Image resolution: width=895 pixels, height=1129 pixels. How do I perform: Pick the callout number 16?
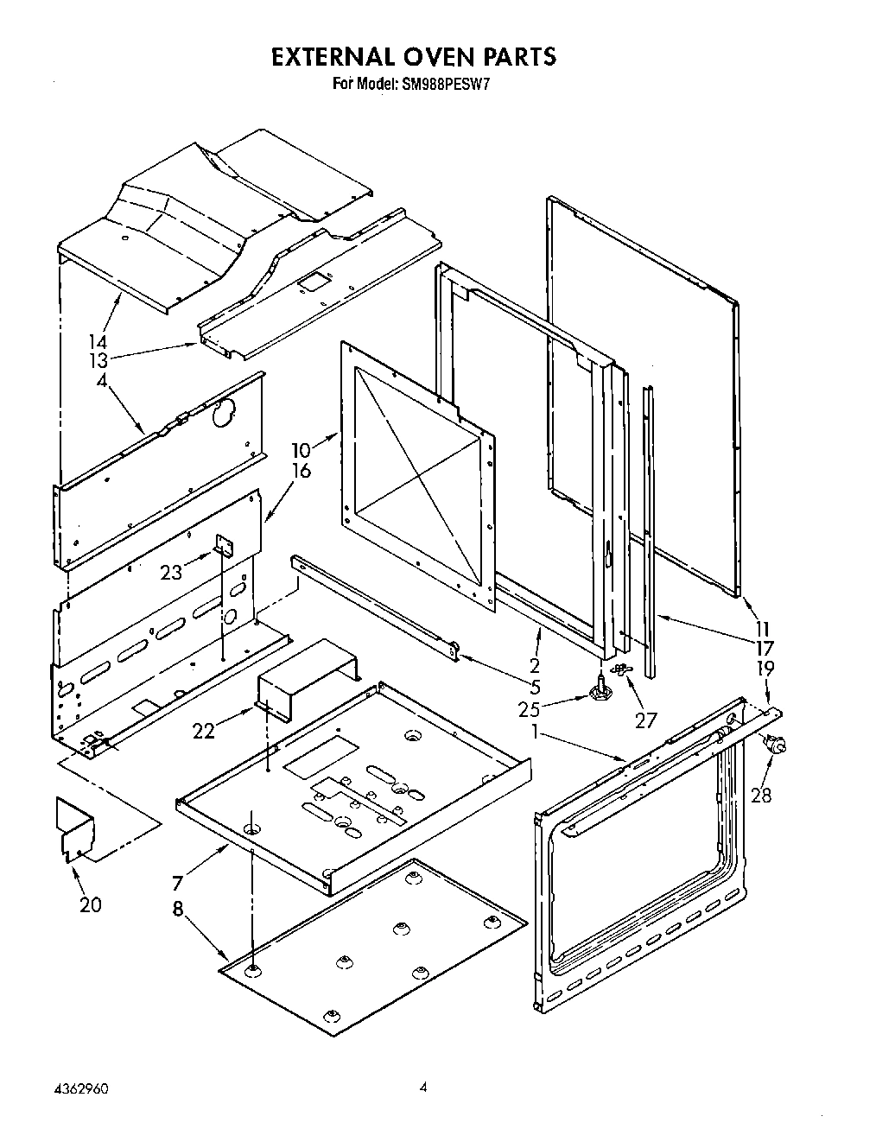tap(301, 471)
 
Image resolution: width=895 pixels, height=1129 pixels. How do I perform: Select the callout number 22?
tap(203, 731)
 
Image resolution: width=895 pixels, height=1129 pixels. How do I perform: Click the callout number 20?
tap(90, 904)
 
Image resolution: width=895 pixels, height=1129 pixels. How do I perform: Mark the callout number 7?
tap(177, 883)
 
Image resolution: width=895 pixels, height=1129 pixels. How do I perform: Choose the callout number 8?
tap(177, 910)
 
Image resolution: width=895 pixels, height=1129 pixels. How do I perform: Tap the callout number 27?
tap(645, 720)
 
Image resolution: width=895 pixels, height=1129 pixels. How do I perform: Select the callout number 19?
tap(765, 668)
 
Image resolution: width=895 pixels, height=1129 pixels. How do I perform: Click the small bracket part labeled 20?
tap(75, 828)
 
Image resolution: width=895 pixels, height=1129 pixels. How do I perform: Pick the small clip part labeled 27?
tap(619, 669)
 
